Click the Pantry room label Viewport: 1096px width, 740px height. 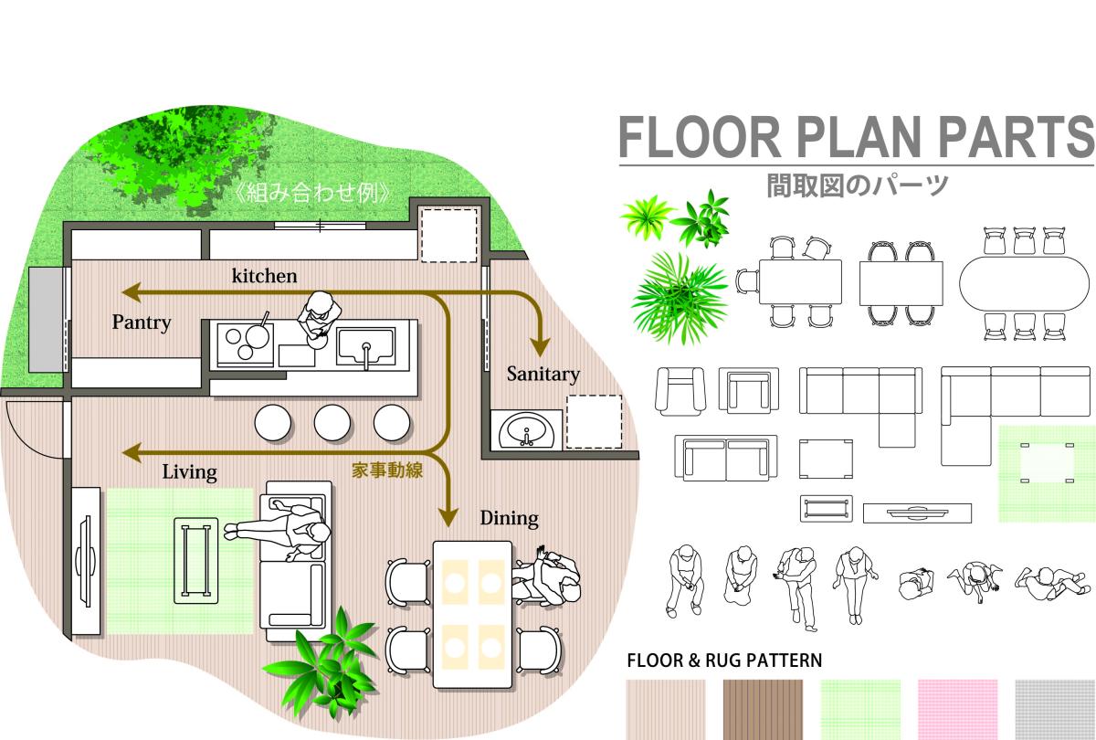142,322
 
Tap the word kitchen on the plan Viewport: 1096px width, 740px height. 264,276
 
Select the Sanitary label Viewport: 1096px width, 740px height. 543,375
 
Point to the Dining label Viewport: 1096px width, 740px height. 510,518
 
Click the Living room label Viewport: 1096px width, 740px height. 189,472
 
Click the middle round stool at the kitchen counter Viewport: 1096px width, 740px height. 332,422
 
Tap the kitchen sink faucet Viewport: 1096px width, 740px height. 366,355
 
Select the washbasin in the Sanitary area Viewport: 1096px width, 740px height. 526,430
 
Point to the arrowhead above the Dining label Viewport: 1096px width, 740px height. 448,517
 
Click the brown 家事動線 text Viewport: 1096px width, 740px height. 387,470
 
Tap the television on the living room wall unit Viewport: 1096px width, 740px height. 86,561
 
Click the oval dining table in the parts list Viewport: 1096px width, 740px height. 1024,283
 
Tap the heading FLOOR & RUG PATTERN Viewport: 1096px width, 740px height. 724,661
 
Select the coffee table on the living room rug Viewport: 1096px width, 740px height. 196,560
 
